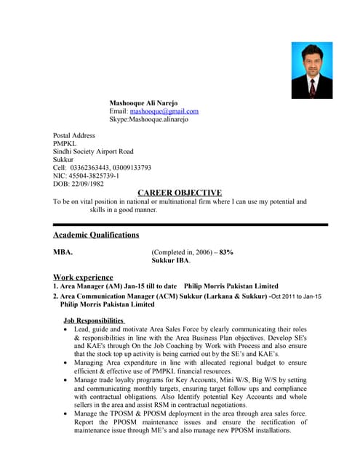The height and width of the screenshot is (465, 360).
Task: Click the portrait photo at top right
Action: coord(312,70)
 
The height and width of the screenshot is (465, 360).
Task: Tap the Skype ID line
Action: coord(149,119)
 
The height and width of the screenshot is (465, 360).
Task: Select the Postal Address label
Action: coord(74,135)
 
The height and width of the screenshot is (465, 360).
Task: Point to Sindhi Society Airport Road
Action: coord(93,151)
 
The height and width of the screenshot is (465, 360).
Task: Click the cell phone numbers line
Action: coord(102,167)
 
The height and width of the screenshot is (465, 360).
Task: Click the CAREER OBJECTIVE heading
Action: coord(180,193)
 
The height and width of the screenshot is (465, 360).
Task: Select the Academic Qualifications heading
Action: coord(96,235)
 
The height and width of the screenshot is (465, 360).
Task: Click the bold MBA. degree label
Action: coord(63,251)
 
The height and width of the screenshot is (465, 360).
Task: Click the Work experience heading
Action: coord(83,277)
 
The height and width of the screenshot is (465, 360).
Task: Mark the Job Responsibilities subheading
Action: coord(95,320)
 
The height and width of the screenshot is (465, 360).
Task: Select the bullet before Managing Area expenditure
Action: coord(67,363)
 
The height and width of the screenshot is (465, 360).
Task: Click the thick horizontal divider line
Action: coord(191,225)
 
